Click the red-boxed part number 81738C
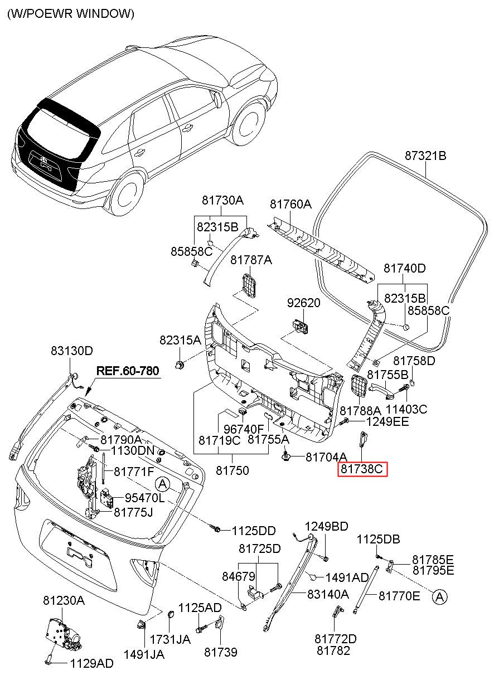click(x=361, y=469)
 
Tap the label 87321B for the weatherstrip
click(x=425, y=156)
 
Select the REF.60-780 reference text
click(x=128, y=371)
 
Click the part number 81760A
click(x=290, y=204)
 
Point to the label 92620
click(x=303, y=303)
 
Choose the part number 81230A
click(x=64, y=600)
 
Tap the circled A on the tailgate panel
click(x=162, y=484)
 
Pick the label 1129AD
click(x=91, y=663)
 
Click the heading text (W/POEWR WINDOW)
click(x=71, y=13)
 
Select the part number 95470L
click(x=144, y=498)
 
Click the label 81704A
click(x=326, y=457)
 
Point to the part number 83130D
click(x=72, y=351)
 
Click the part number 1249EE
click(x=388, y=421)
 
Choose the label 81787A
click(x=251, y=259)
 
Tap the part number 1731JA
click(x=170, y=639)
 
